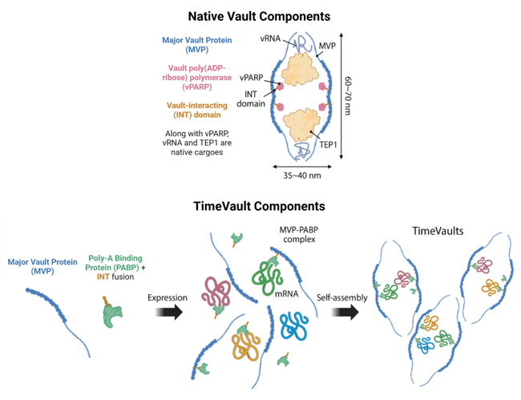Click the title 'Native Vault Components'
click(258, 15)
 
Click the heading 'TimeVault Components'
click(258, 206)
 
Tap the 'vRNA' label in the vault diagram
click(271, 38)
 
